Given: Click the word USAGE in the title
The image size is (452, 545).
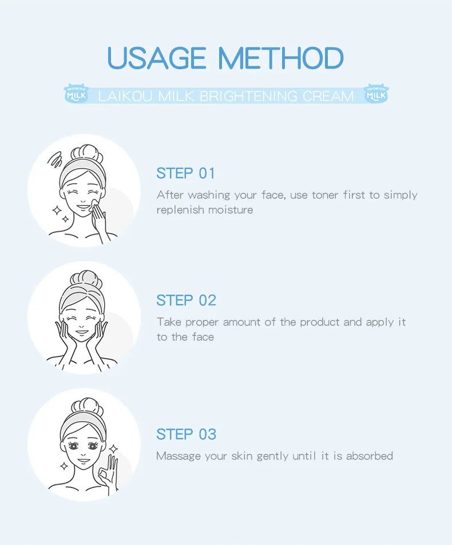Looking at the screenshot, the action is click(x=157, y=58).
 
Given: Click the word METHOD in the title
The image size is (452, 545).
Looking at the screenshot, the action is click(x=281, y=58).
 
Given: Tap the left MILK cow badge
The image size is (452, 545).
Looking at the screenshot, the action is click(x=77, y=93).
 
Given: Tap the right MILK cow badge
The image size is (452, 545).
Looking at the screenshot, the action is click(x=376, y=93).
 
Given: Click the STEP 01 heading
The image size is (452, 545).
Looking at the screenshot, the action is click(x=185, y=173).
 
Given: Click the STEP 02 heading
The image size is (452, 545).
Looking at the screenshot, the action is click(x=186, y=301).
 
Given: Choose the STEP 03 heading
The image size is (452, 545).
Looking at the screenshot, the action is click(x=186, y=434).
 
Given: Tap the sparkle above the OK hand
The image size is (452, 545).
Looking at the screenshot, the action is click(x=113, y=449).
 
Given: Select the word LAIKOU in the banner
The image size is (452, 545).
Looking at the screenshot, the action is click(x=125, y=96).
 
